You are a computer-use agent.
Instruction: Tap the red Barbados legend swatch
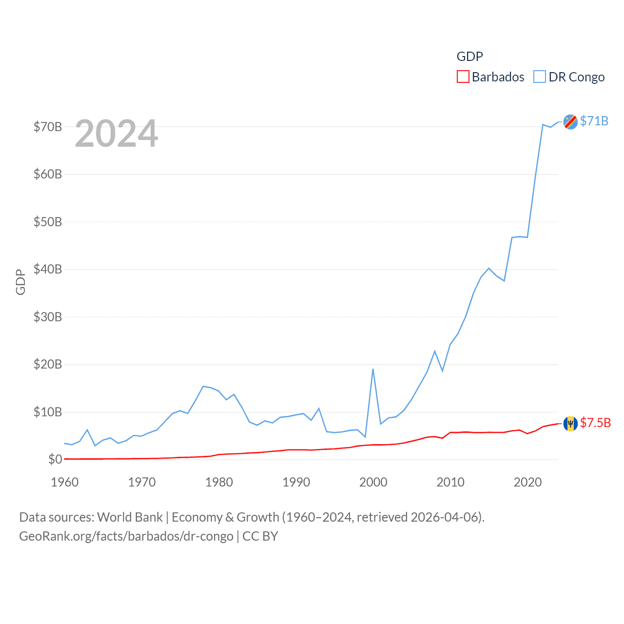(x=463, y=77)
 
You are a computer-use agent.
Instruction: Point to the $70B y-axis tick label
(x=48, y=127)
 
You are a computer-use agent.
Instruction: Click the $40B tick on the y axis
(x=48, y=269)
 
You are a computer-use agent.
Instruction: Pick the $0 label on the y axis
(x=55, y=459)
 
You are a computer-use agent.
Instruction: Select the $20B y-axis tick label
(x=48, y=364)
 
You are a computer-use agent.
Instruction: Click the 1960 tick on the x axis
(x=65, y=482)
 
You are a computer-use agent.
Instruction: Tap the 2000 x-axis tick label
(x=373, y=482)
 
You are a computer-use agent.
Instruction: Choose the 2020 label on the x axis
(x=527, y=482)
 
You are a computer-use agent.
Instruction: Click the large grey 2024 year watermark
(x=117, y=134)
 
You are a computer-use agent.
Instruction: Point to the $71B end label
(x=594, y=121)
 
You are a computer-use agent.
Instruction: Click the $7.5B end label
(x=595, y=423)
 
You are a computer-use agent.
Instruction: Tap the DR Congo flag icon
(x=570, y=121)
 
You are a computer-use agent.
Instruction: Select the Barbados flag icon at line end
(x=570, y=424)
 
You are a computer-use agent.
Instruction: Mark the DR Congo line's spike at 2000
(x=373, y=369)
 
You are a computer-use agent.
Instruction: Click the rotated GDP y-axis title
(x=20, y=282)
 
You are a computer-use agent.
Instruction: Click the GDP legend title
(x=469, y=57)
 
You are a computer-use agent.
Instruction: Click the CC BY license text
(x=260, y=536)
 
